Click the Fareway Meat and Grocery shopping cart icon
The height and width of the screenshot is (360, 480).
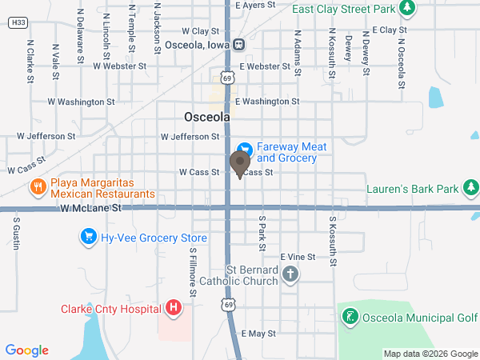click(246, 149)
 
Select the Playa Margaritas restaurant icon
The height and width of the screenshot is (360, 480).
click(37, 188)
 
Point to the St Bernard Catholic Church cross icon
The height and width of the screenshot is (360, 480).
click(290, 277)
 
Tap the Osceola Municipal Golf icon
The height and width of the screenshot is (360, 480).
click(349, 317)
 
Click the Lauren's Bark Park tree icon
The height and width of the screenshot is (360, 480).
click(471, 189)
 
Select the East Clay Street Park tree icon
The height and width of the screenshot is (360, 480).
click(408, 8)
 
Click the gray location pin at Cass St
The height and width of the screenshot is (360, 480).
click(239, 162)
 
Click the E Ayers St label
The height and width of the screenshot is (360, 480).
click(256, 5)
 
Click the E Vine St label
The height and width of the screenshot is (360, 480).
click(298, 257)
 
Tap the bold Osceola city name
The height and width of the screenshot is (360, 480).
click(207, 117)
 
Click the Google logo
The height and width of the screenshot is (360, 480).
click(27, 350)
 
